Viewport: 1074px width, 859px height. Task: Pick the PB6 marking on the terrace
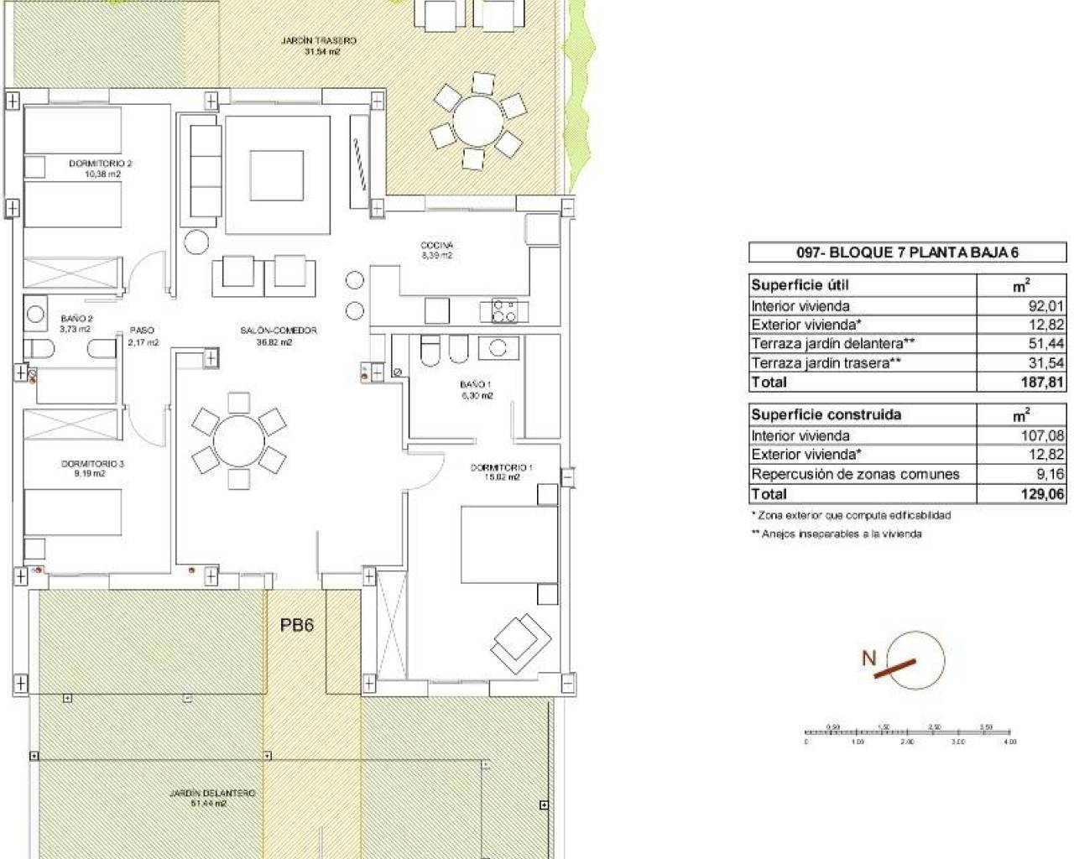click(296, 625)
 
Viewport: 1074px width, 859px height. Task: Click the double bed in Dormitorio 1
click(508, 544)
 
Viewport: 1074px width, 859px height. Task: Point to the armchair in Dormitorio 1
click(521, 642)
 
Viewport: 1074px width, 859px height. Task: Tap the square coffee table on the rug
click(277, 175)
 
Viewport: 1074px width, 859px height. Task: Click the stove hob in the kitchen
click(504, 310)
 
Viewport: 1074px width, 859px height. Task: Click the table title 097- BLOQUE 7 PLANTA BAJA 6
click(907, 252)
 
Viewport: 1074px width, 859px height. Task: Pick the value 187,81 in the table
click(1043, 382)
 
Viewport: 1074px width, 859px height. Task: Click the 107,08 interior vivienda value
click(1043, 435)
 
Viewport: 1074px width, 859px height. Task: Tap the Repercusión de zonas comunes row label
click(855, 474)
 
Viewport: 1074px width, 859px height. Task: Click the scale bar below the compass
click(910, 734)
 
